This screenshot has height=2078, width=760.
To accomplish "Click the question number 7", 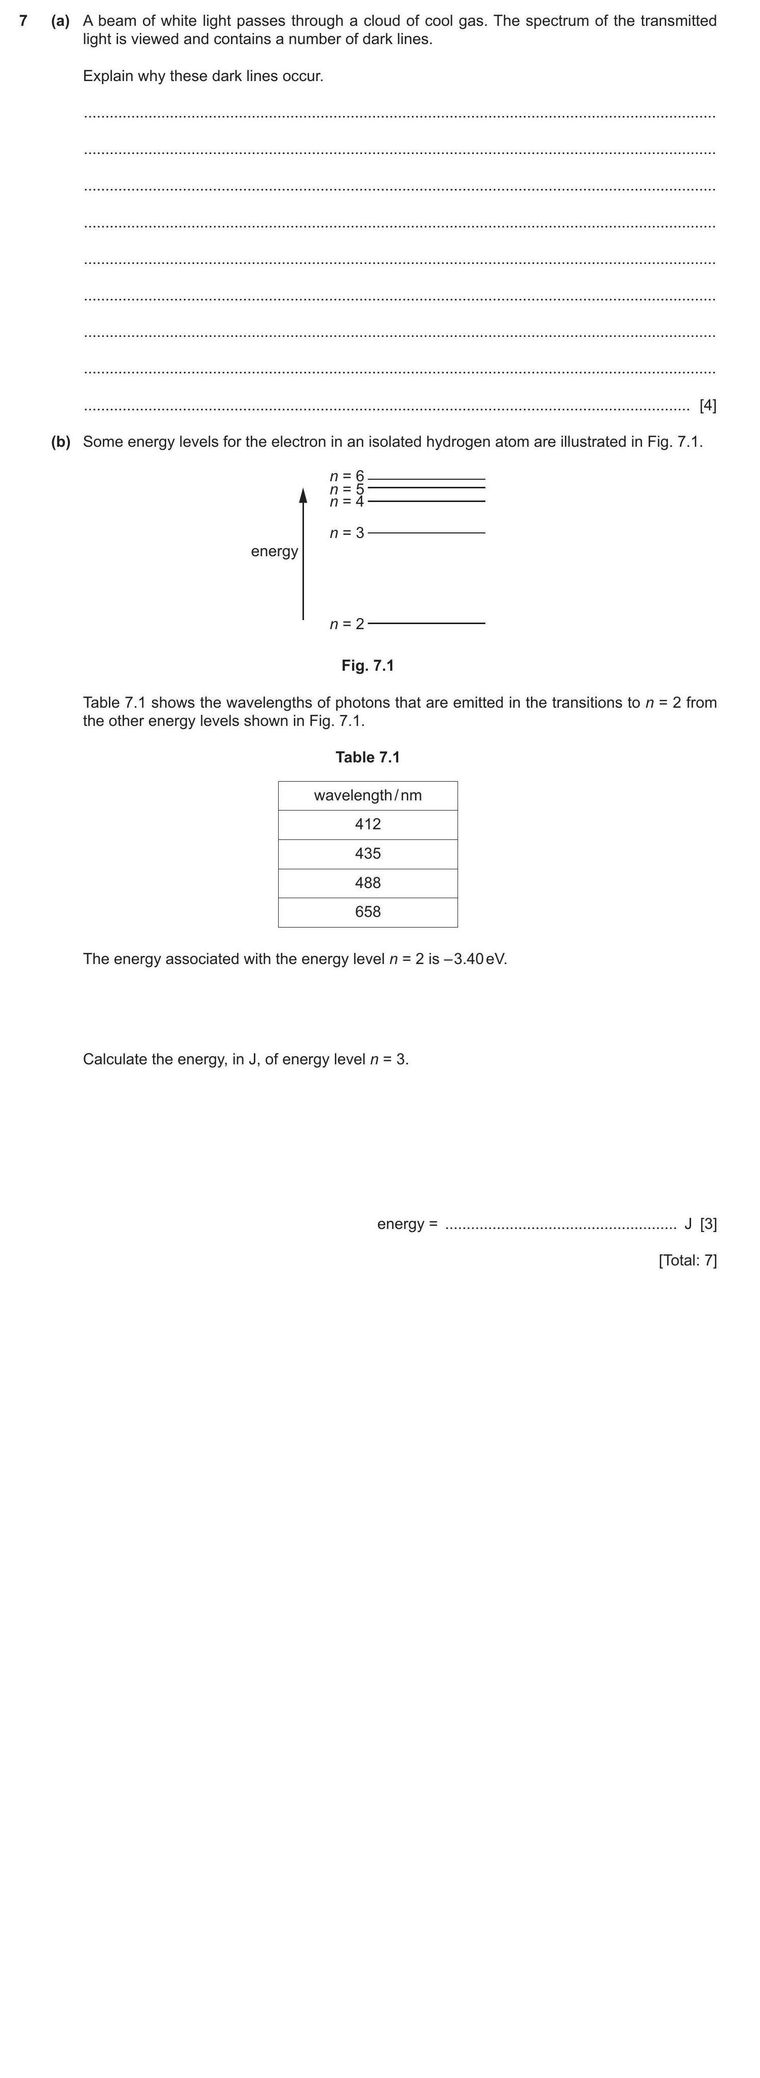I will (23, 21).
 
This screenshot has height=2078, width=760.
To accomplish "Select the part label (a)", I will (60, 21).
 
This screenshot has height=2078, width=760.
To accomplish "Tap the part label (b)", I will (60, 442).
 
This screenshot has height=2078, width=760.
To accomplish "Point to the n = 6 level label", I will (347, 477).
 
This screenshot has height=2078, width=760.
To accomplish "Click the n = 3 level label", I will (347, 532).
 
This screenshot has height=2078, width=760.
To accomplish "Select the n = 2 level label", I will (347, 624).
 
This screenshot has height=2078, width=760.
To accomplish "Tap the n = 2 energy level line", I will (426, 623).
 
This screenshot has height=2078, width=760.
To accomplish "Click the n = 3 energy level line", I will (426, 532).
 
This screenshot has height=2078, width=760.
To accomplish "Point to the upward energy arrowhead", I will (303, 494).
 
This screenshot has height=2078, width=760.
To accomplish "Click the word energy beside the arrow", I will (274, 552).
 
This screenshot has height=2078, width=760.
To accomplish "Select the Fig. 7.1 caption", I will (368, 666).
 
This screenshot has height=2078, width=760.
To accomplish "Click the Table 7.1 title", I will (368, 757).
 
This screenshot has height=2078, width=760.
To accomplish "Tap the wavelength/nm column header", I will (368, 795).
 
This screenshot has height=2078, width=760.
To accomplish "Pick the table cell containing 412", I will (368, 824).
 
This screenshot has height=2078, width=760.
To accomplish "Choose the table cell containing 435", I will (368, 854).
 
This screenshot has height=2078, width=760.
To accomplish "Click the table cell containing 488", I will (368, 882).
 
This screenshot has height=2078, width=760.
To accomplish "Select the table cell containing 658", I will (368, 911).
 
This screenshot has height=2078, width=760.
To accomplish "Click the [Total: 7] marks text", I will (688, 1260).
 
